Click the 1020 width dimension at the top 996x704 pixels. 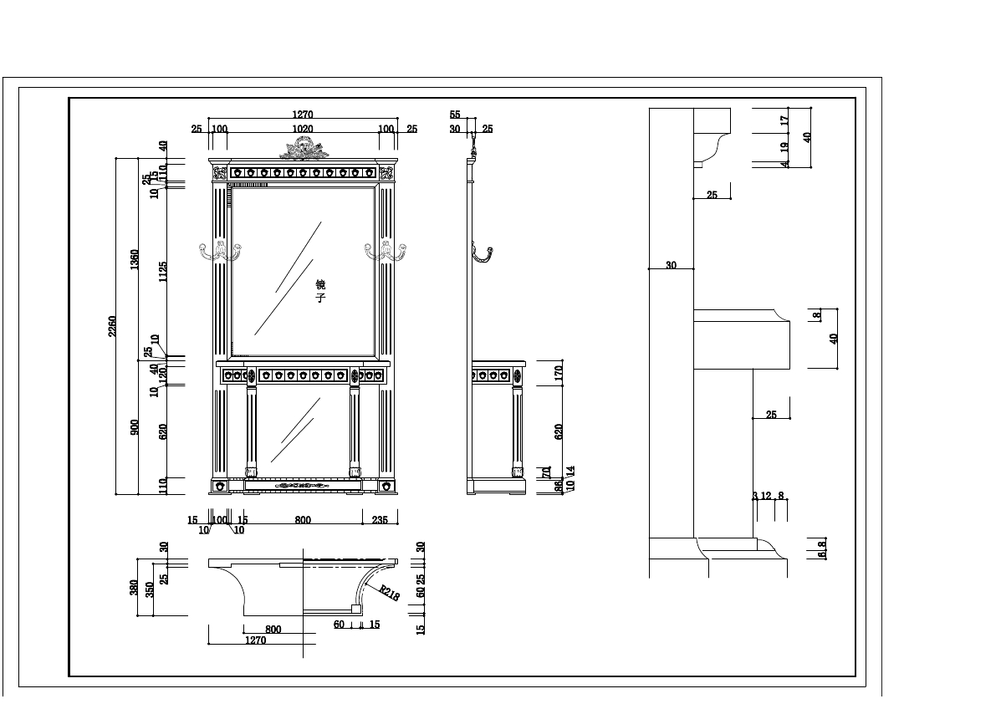tap(302, 129)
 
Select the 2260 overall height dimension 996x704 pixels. tap(112, 326)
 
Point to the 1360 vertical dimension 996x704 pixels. tap(135, 259)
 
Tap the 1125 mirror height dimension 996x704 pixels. tap(163, 272)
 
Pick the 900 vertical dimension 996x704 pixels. tap(135, 427)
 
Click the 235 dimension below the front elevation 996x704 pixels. tap(379, 520)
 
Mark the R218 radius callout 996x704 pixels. tap(388, 592)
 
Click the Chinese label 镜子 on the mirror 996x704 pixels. tap(320, 291)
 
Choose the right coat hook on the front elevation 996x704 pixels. tap(386, 250)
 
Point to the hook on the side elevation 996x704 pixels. tap(482, 253)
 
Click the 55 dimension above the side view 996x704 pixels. tap(455, 115)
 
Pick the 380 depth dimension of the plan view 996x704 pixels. tap(134, 588)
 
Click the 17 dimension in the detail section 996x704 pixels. tap(784, 120)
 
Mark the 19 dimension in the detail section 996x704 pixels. tap(784, 146)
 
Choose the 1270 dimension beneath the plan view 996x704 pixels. tap(255, 640)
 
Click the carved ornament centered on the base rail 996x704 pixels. tap(303, 485)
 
